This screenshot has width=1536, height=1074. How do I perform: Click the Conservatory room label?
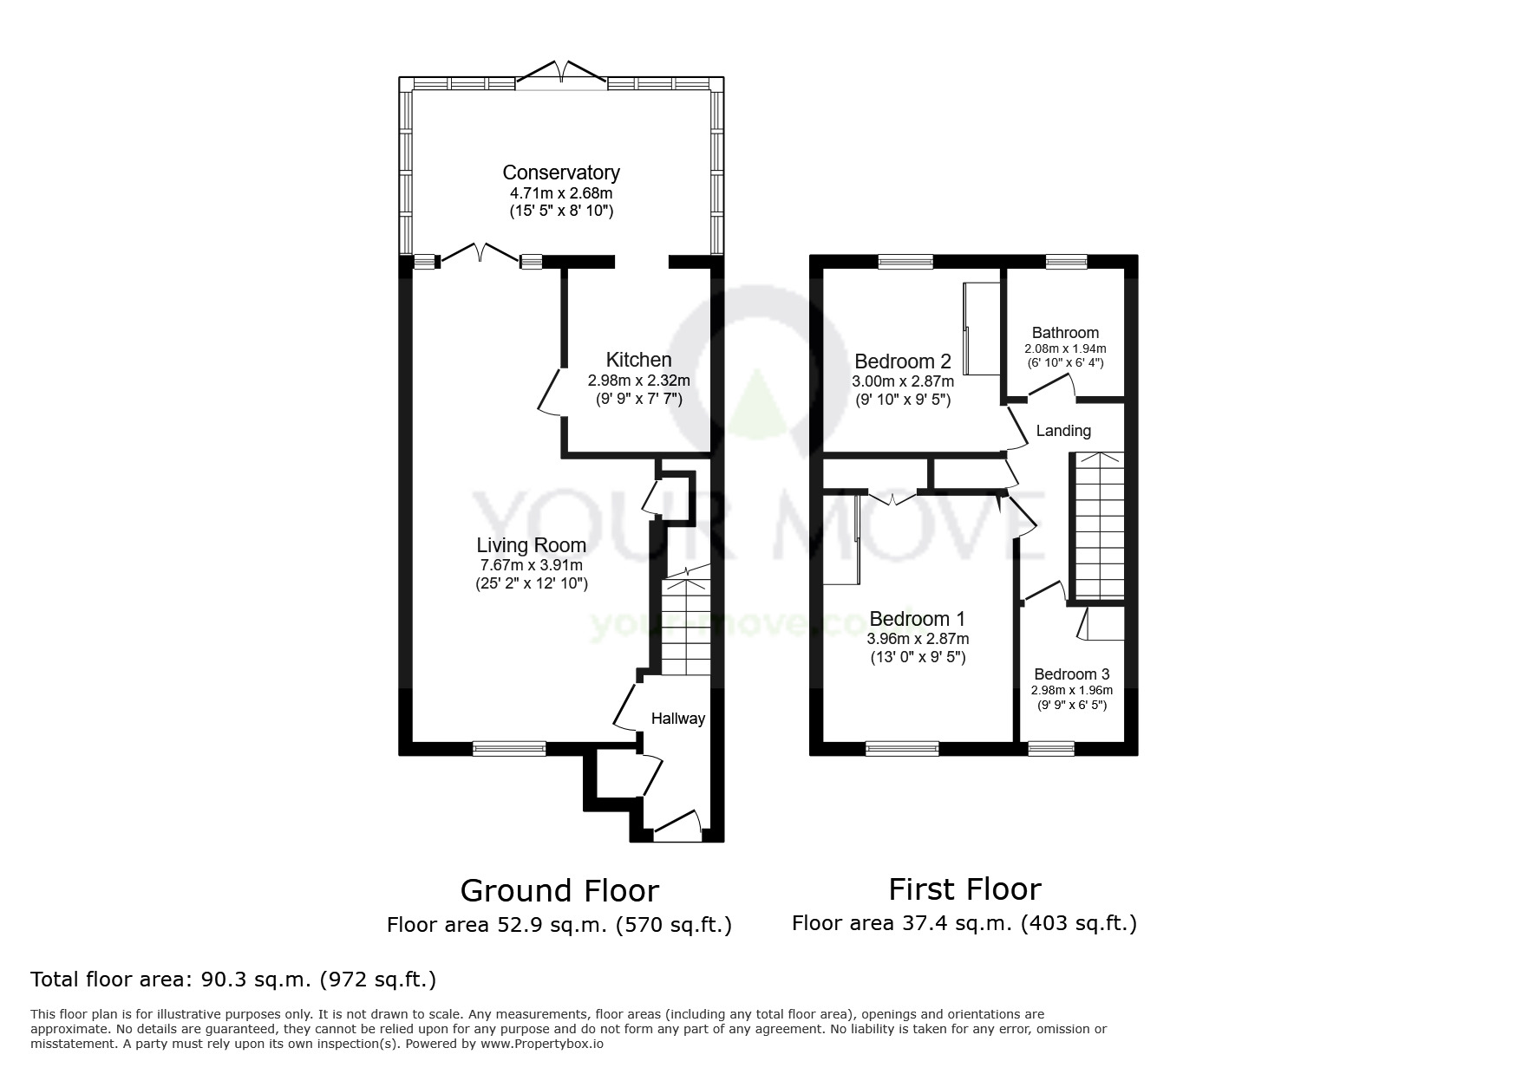pos(561,172)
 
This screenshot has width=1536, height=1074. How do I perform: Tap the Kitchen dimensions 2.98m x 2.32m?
pos(639,381)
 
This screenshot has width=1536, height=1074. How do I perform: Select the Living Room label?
pos(532,545)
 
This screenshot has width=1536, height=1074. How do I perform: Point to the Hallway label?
pos(678,719)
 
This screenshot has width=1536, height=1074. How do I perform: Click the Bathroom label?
pos(1065,333)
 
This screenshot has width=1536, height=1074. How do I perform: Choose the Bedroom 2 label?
pos(903,361)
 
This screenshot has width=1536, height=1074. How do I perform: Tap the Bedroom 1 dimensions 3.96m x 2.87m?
pos(918,639)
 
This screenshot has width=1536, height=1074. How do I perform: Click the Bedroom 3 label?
pos(1072,674)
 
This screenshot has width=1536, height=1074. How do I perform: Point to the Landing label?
pos(1064,431)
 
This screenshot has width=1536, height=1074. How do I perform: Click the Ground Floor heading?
pos(559,890)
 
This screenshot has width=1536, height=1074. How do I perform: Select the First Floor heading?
pos(964,889)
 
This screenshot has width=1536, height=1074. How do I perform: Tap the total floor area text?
pos(233,980)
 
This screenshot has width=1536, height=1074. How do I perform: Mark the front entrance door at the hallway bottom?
pos(676,826)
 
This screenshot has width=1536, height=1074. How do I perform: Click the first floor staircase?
pos(1099,525)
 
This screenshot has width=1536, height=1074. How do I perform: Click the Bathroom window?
pos(1066,261)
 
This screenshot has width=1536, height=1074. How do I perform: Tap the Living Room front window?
pos(510,748)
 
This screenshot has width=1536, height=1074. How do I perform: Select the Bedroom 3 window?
pos(1051,748)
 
